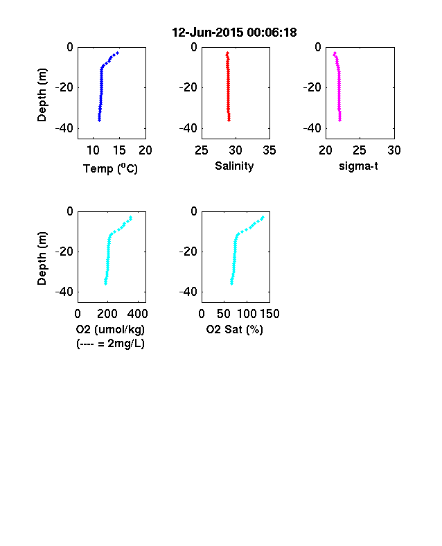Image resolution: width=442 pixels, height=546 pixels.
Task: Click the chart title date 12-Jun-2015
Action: (207, 33)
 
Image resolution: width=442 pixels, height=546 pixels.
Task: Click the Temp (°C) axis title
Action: (110, 168)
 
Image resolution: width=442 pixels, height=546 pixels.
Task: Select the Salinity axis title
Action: (234, 166)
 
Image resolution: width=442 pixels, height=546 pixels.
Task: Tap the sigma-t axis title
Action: (358, 166)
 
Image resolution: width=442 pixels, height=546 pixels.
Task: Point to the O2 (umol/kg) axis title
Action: (110, 329)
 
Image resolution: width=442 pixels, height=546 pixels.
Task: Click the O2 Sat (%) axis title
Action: (235, 329)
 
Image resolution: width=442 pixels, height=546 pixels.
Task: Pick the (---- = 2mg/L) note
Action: (110, 344)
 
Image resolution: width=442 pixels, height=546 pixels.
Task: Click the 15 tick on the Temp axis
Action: (119, 150)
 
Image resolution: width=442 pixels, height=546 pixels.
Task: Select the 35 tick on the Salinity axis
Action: (269, 150)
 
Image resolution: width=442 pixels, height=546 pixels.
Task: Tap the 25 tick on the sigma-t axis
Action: (359, 150)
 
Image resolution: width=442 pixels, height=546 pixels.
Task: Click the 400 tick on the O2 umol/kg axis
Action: (137, 314)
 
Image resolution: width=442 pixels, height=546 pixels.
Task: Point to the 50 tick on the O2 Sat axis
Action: (224, 314)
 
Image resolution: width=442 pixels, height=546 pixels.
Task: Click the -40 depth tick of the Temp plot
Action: (64, 128)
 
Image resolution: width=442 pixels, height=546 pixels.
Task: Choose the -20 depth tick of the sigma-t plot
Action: (312, 87)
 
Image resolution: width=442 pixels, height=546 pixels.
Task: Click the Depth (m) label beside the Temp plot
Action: (42, 95)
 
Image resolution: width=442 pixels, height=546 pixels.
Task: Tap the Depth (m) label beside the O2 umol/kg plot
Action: (42, 258)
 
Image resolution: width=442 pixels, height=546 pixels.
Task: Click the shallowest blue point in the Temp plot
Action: (118, 53)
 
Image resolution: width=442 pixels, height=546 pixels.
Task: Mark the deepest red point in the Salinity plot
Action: (229, 120)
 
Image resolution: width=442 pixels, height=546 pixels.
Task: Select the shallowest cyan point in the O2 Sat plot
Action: (263, 218)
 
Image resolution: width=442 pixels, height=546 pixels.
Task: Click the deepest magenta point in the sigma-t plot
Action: (339, 120)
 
